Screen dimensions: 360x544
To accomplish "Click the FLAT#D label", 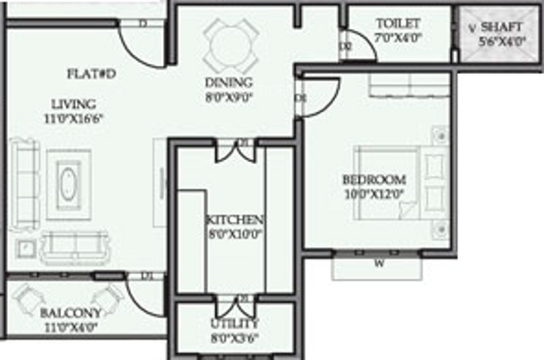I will [x=91, y=73].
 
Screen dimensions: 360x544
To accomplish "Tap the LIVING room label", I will [x=74, y=104].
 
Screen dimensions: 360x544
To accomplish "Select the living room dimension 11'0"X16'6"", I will [x=75, y=119].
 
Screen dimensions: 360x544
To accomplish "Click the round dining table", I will [x=230, y=45].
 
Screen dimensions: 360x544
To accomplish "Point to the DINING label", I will [x=229, y=83].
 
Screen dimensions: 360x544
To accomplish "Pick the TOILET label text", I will [x=398, y=24].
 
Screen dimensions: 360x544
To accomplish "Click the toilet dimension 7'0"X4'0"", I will [x=398, y=38].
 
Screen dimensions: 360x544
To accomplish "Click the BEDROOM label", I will [x=374, y=180].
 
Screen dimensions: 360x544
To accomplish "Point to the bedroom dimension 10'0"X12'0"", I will [x=374, y=194].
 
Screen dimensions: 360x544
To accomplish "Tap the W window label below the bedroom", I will [x=379, y=263].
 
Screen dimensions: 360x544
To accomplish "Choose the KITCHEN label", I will [x=234, y=220].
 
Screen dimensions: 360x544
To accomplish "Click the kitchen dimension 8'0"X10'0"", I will [x=234, y=235].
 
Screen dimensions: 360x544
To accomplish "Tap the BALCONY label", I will [x=71, y=313].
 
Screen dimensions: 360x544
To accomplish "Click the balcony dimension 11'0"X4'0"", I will [x=70, y=328].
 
